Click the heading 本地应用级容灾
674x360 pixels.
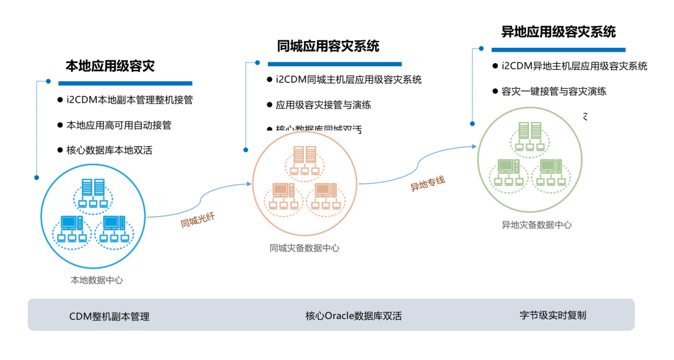pos(110,66)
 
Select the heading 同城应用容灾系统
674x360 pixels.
pos(328,46)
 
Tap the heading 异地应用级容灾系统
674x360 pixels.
pos(559,32)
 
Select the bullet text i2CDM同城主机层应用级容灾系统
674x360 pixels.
pos(349,79)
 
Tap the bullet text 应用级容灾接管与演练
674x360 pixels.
pos(323,105)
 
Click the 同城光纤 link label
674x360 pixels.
pos(198,220)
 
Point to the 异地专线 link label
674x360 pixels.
pos(427,183)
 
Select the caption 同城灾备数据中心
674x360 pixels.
pos(305,248)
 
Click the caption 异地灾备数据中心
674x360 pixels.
pos(537,224)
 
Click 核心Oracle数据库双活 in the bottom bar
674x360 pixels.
pos(354,316)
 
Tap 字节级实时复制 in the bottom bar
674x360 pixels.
pos(553,315)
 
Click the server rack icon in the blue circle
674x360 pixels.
pos(93,189)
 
